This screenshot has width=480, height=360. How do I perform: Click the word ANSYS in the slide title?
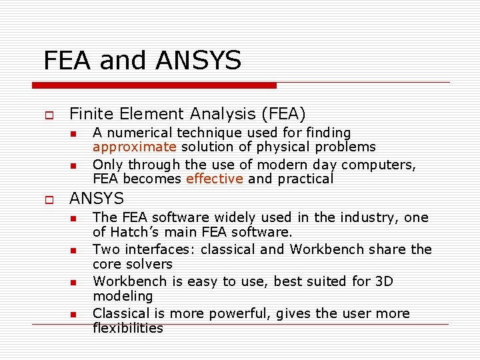pos(198,61)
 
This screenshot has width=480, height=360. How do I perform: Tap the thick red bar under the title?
pos(155,85)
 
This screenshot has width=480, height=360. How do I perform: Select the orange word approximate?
pos(135,147)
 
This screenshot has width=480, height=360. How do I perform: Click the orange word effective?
pos(215,179)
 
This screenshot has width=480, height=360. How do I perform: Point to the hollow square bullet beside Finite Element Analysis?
pos(48,115)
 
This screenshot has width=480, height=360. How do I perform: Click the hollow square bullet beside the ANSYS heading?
pos(48,199)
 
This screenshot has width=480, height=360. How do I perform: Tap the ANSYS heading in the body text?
pos(97,199)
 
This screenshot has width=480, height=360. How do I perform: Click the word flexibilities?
pos(128,328)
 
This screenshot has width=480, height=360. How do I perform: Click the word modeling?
pos(123,296)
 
